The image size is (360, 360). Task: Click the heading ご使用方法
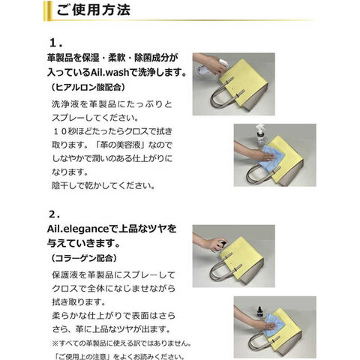coord(93,10)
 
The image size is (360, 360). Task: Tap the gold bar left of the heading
coord(47,10)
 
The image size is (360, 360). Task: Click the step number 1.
coord(55,43)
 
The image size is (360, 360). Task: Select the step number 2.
coord(55,214)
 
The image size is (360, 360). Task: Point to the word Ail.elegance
coord(78,229)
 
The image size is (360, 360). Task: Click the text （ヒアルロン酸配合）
coord(88,88)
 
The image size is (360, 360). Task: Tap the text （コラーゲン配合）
coord(83,259)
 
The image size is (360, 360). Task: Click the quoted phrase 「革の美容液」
coord(119,145)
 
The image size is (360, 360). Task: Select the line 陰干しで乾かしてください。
coord(103,186)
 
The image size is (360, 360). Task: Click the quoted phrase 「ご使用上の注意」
coord(83,356)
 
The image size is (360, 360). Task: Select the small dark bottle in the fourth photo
coord(260,312)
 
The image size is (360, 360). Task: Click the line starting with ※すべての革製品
coord(121,343)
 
